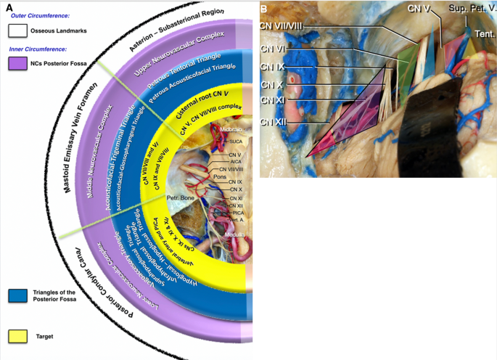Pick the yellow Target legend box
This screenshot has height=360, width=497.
pos(18,336)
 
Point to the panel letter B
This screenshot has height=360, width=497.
pos(264,8)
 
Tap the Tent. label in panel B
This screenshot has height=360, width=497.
pos(485,33)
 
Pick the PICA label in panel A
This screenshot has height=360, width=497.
pos(235,213)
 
